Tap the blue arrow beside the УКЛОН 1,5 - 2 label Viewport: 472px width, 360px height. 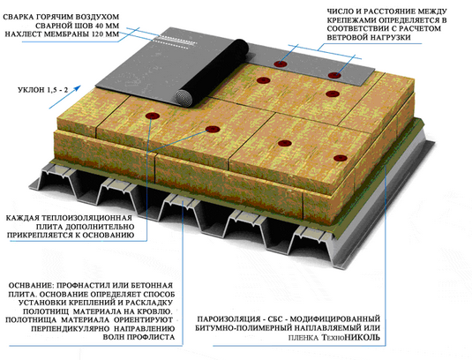coord(64,97)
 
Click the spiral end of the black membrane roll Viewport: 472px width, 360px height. coord(184,98)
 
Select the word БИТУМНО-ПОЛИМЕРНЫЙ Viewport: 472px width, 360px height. coord(242,327)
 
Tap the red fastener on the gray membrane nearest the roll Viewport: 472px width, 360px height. coord(281,64)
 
